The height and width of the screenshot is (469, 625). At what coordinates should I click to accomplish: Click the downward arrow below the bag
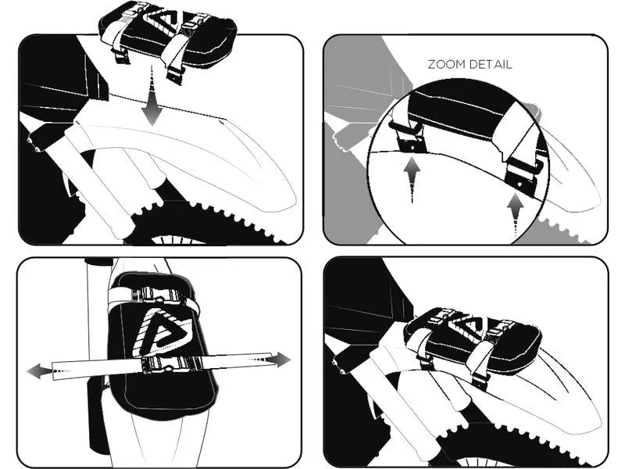point(152,97)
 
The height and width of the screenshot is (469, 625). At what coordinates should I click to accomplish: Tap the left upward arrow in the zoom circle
point(412,180)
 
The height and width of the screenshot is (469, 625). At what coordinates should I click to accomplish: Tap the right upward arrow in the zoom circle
point(516,216)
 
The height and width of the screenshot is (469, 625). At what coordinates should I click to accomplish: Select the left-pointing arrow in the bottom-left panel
point(40,372)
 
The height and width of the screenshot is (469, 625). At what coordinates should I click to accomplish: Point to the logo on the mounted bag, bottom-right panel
point(466,321)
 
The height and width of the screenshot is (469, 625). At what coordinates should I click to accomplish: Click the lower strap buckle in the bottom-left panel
point(172,364)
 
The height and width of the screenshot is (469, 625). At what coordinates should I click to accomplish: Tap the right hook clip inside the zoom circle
point(522,175)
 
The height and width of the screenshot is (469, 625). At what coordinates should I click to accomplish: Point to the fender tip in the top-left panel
point(293,203)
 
